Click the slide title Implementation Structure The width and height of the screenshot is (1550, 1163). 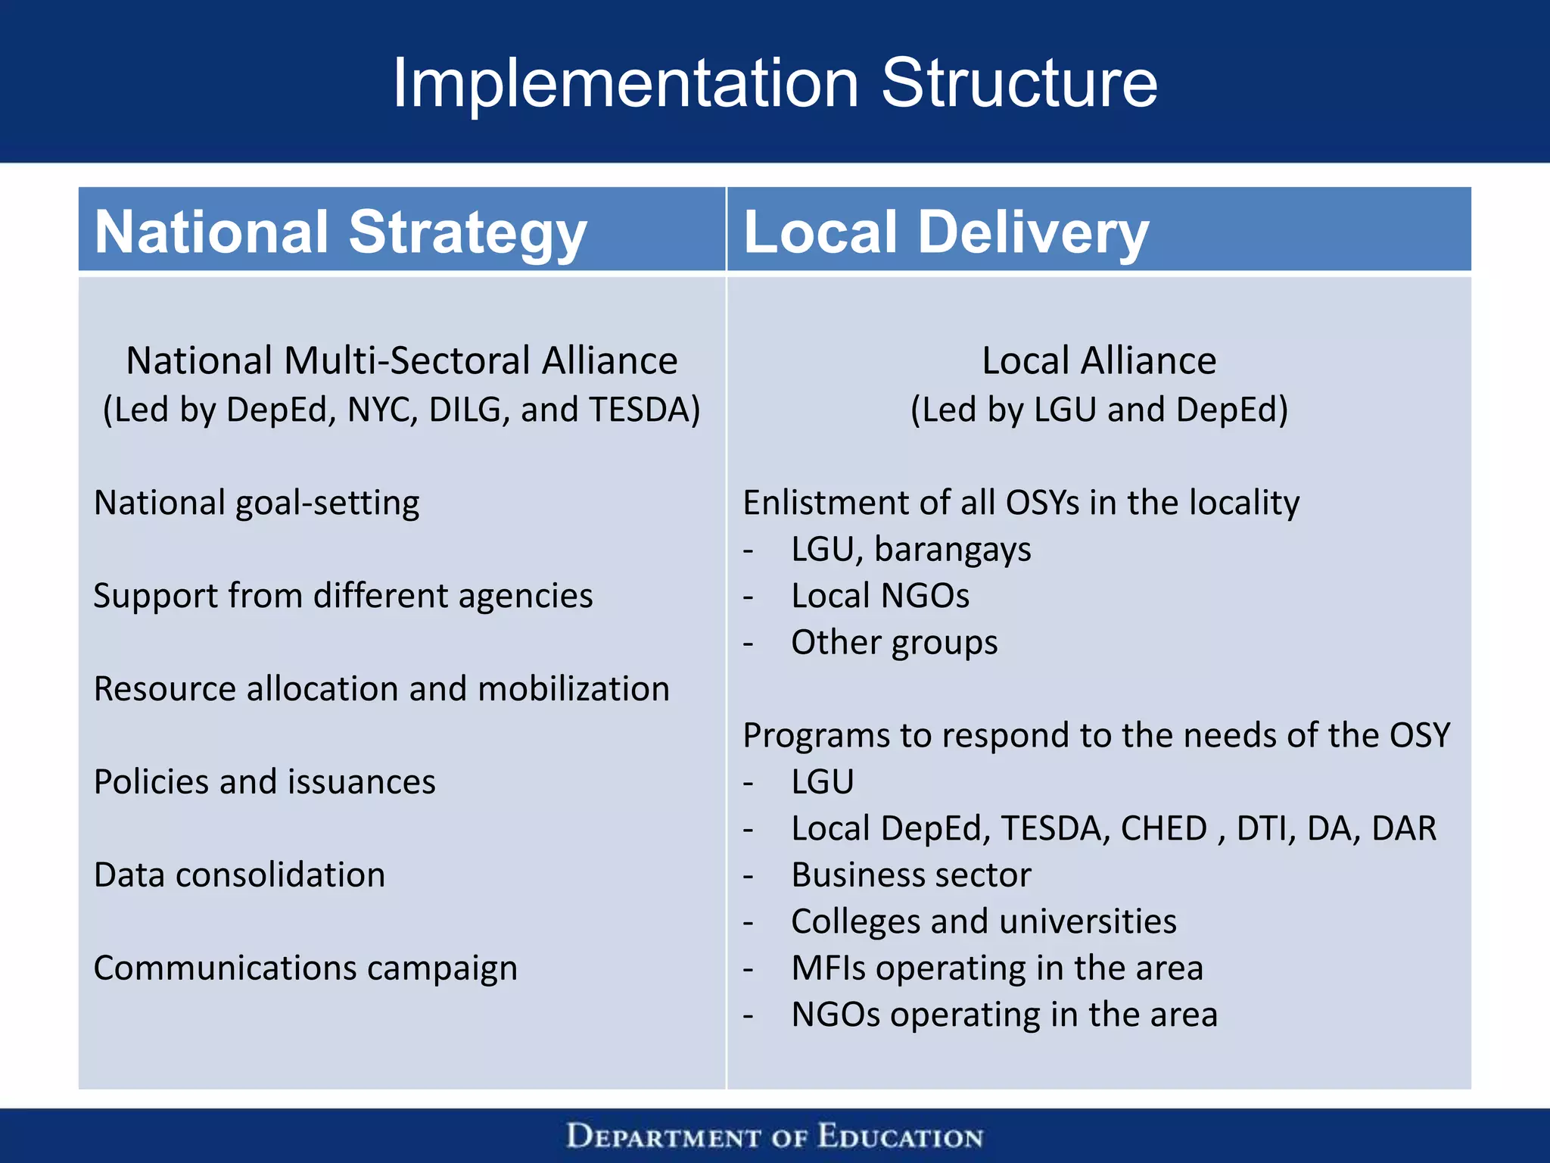click(774, 83)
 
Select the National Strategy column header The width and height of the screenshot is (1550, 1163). click(341, 231)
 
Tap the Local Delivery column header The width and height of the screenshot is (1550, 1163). click(946, 231)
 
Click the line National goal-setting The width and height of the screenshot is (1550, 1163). click(257, 503)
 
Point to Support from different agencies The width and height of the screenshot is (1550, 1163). click(343, 596)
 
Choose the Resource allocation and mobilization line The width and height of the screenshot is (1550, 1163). click(381, 689)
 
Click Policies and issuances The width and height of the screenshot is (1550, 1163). click(264, 782)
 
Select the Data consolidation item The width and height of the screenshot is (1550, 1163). click(239, 875)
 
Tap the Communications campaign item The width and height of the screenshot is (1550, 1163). click(305, 968)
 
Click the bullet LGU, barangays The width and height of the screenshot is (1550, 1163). click(910, 549)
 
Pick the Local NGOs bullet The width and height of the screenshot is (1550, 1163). click(879, 596)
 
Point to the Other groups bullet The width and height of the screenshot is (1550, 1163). click(894, 643)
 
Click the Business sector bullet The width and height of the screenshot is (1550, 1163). click(910, 875)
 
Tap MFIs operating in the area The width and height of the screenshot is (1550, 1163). click(997, 968)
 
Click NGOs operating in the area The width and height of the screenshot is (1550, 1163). click(1004, 1015)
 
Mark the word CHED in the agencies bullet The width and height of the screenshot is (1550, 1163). click(1163, 828)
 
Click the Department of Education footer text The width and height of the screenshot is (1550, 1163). click(774, 1137)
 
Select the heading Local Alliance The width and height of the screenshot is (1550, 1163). click(1099, 360)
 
